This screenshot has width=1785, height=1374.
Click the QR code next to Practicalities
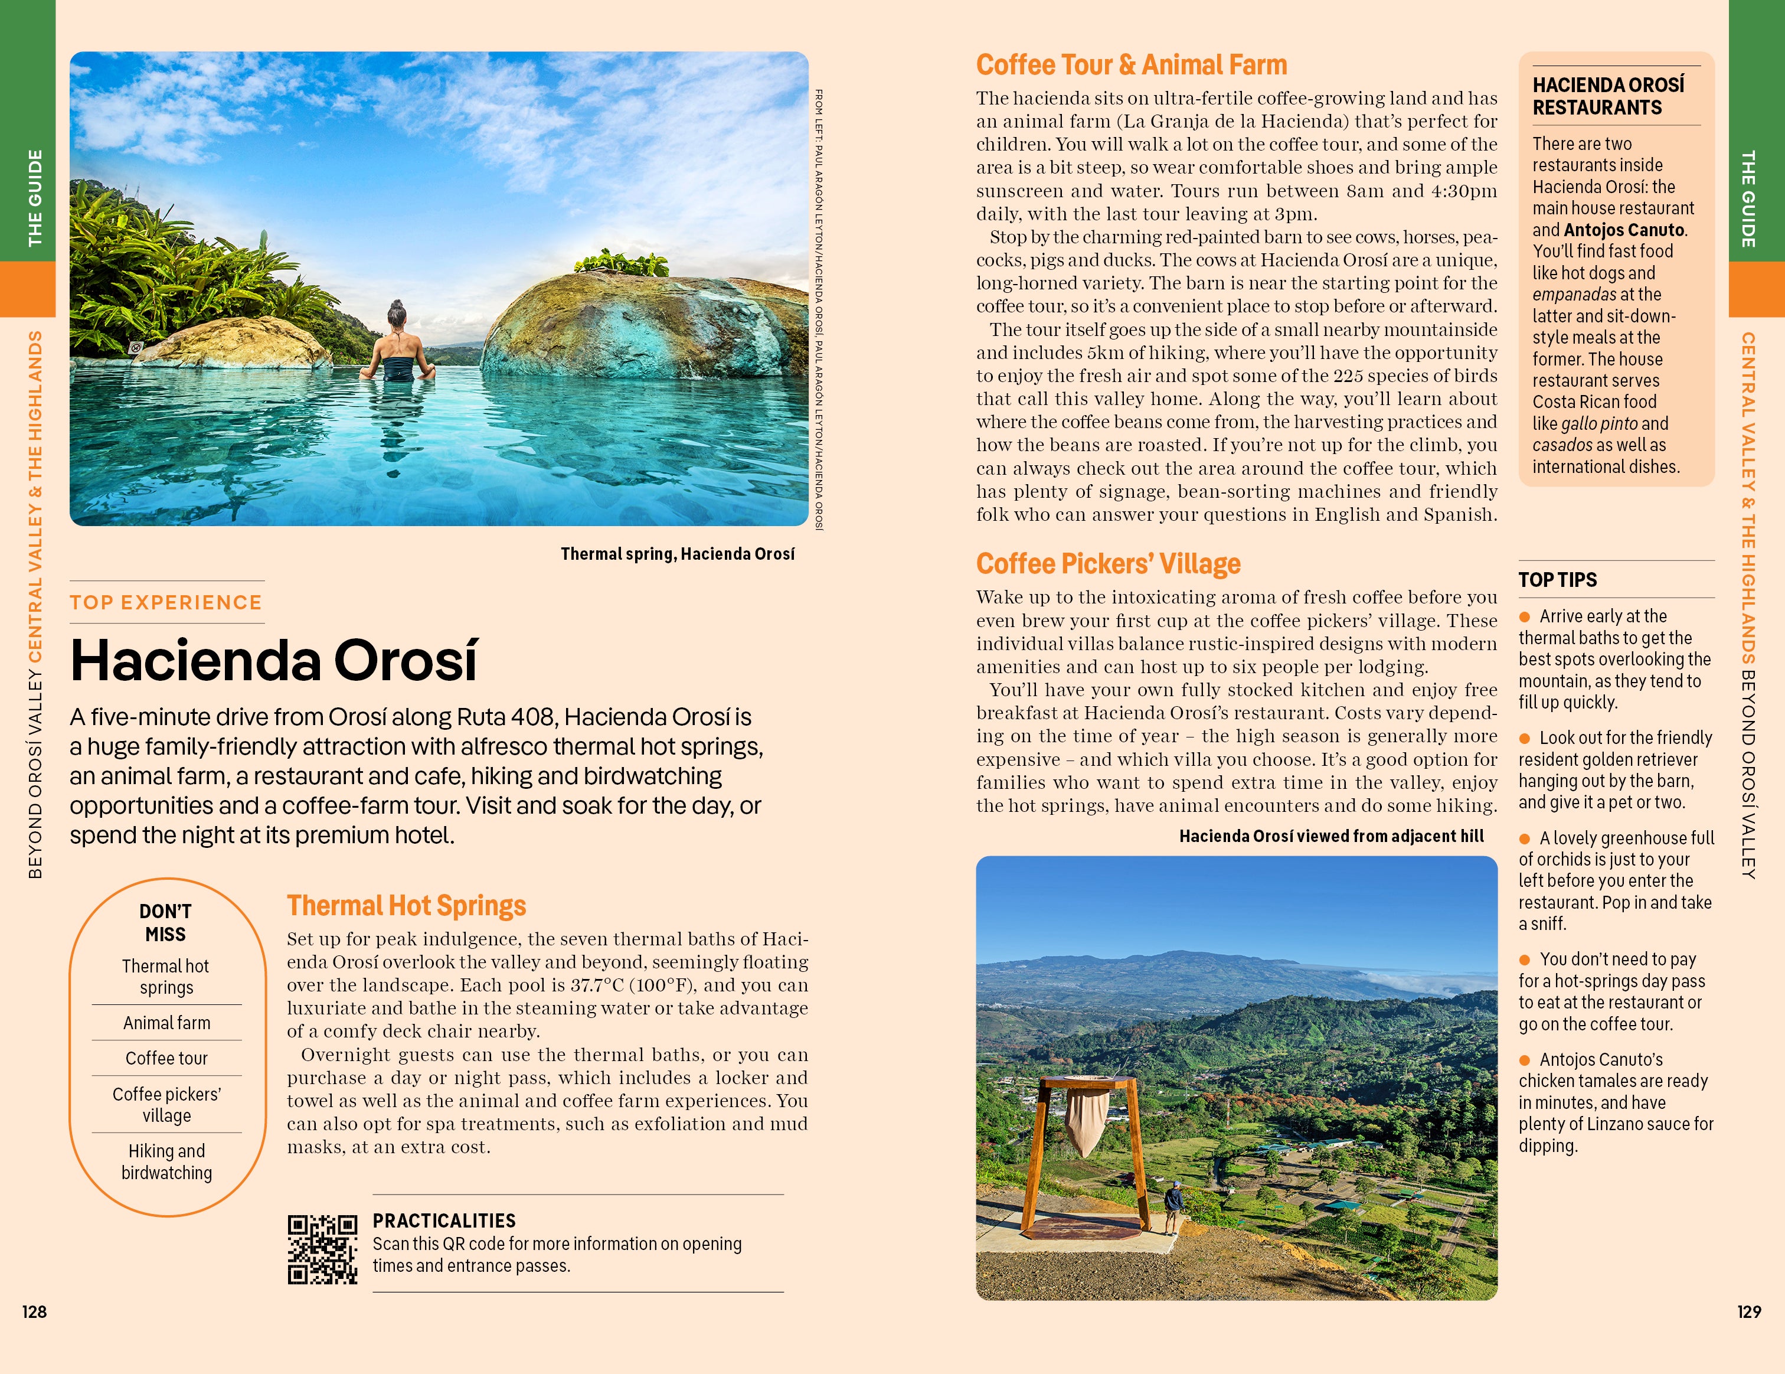click(322, 1249)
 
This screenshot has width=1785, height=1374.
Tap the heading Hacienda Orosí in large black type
click(274, 661)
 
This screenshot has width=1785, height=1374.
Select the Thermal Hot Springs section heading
click(406, 906)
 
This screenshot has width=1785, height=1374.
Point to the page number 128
click(34, 1312)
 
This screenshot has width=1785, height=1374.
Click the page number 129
click(1748, 1312)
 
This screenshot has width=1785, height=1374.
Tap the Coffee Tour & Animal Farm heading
click(1131, 64)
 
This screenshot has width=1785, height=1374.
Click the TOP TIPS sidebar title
click(1557, 579)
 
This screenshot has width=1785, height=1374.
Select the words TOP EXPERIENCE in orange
click(166, 602)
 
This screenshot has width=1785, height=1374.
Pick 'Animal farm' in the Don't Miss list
click(166, 1023)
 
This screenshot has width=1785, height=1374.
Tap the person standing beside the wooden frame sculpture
click(1173, 1206)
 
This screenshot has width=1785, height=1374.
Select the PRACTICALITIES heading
click(444, 1220)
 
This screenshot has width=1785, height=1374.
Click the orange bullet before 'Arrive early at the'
click(1524, 617)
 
